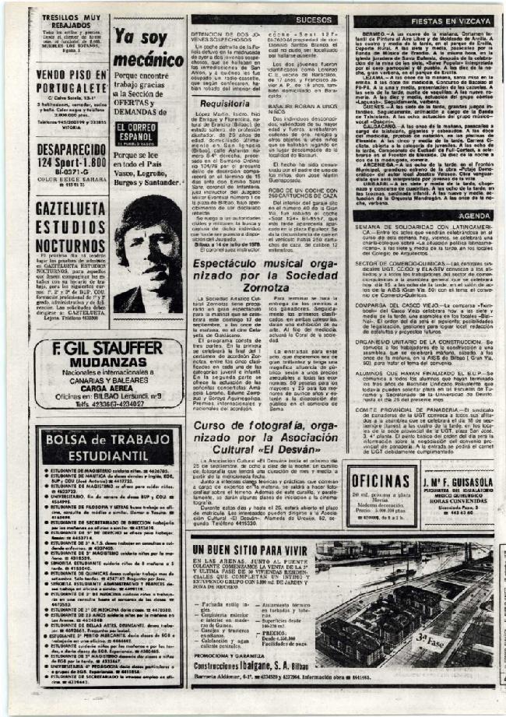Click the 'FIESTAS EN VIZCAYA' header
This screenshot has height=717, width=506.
[x=423, y=22]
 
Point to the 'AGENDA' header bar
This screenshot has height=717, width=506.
[x=474, y=215]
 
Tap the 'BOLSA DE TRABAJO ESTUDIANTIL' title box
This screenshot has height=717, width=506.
[x=107, y=445]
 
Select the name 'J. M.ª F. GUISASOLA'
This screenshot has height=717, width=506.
[x=459, y=477]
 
